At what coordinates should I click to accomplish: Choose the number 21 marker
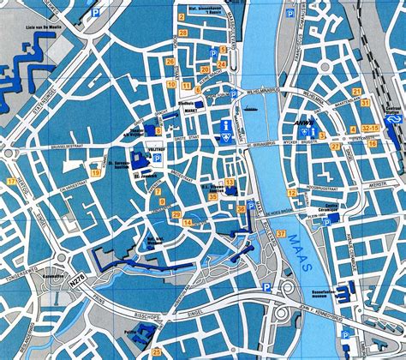point(366,103)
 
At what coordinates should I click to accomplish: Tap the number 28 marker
point(182,33)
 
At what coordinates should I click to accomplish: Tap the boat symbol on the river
point(251,110)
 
